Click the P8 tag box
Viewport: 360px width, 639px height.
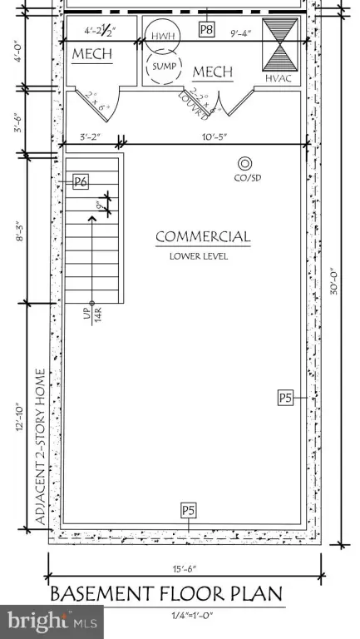tap(208, 30)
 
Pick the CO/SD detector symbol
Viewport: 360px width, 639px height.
tap(244, 166)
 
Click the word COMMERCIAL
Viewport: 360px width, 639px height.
tap(203, 237)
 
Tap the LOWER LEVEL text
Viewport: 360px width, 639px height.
tap(198, 256)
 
